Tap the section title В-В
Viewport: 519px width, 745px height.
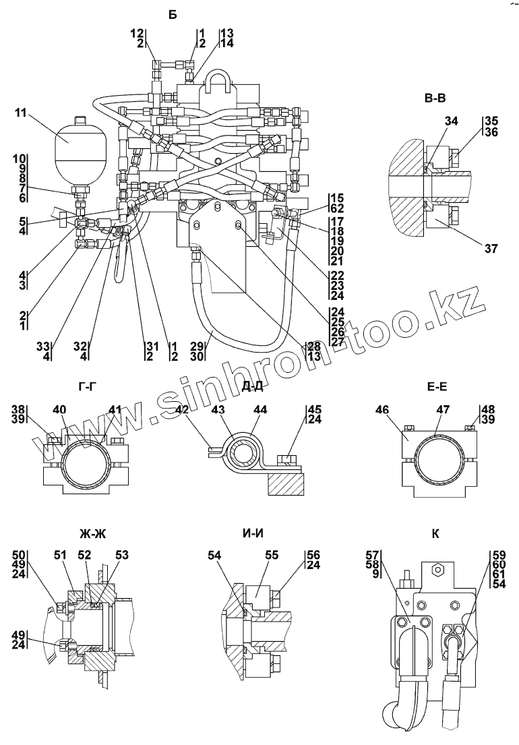click(x=435, y=99)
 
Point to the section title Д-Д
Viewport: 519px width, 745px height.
click(x=251, y=386)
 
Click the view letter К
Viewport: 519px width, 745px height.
click(x=435, y=534)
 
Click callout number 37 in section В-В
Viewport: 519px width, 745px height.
click(x=490, y=249)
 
